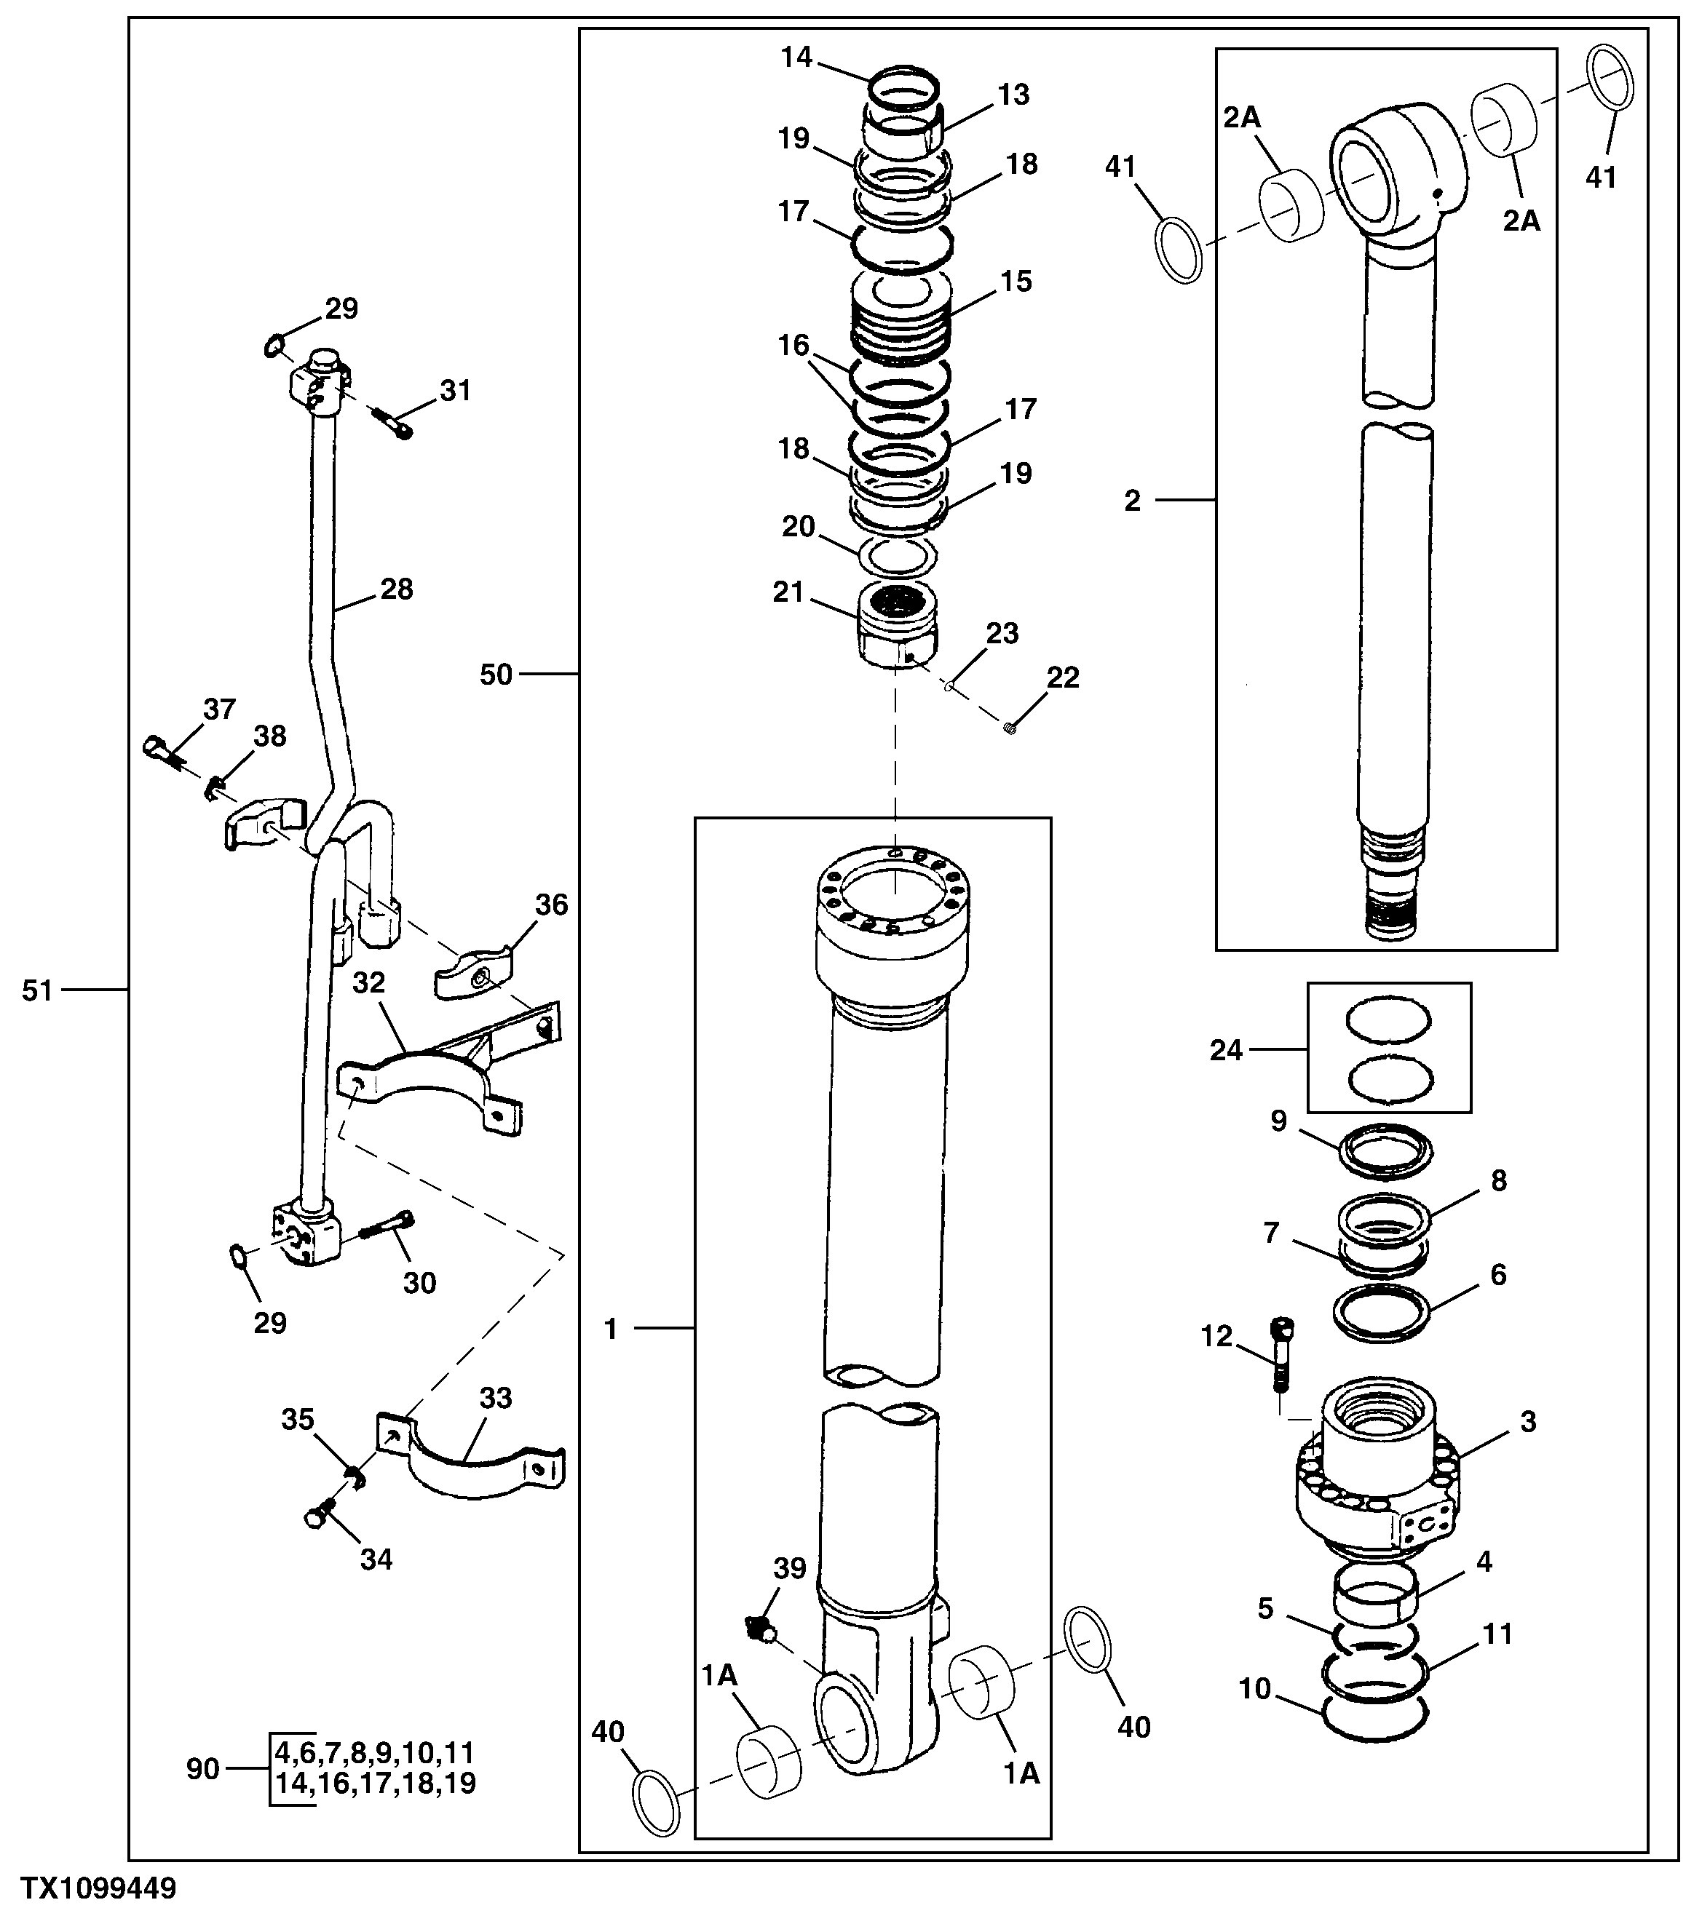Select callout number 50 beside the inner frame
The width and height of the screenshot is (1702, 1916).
(x=496, y=674)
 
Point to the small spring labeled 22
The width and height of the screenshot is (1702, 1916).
(x=1010, y=726)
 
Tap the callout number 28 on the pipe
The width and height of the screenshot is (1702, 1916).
(x=397, y=589)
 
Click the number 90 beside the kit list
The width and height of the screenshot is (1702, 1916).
(x=202, y=1769)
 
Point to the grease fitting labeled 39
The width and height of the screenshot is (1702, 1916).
(x=759, y=1630)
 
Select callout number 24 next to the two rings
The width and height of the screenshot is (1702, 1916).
(x=1226, y=1051)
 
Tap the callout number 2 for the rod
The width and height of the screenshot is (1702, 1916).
(x=1133, y=501)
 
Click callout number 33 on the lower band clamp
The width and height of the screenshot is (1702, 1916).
(x=495, y=1424)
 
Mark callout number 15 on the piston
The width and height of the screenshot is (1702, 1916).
(x=1016, y=281)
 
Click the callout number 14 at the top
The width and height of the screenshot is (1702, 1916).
(x=796, y=57)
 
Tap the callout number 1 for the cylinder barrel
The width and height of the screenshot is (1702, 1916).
(x=611, y=1328)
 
